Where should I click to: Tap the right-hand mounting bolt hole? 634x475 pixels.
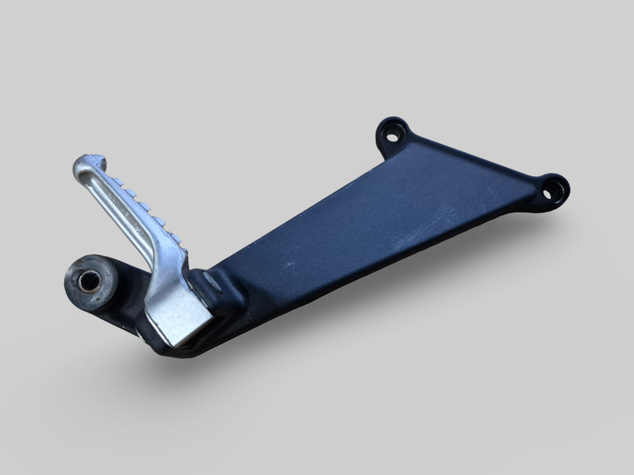coord(548,192)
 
